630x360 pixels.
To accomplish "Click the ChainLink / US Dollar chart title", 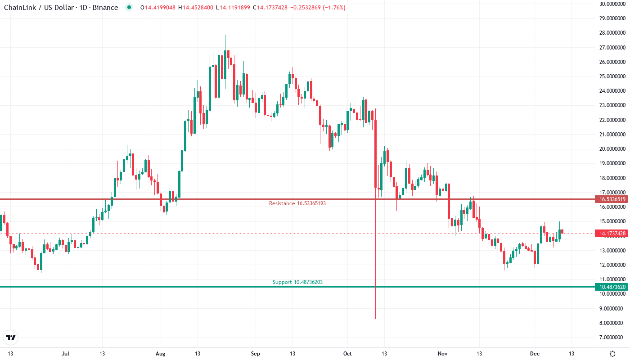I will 61,8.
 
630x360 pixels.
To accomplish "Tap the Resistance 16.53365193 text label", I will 297,203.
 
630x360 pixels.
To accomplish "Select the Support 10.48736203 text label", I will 297,282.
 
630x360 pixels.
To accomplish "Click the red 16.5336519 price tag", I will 610,199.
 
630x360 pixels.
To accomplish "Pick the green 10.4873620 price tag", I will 610,287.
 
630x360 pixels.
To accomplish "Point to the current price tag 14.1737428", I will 610,234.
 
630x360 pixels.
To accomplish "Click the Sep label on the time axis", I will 255,354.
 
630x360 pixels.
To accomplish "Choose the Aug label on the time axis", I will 160,354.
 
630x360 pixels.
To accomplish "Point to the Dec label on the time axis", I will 535,354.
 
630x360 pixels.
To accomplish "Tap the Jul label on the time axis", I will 66,354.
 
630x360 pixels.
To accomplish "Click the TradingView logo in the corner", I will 10,337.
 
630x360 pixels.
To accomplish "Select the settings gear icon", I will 612,354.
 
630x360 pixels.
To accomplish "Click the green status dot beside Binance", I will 130,8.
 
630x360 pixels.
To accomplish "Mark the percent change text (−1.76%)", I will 334,8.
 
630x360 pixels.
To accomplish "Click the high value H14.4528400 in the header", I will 196,8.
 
